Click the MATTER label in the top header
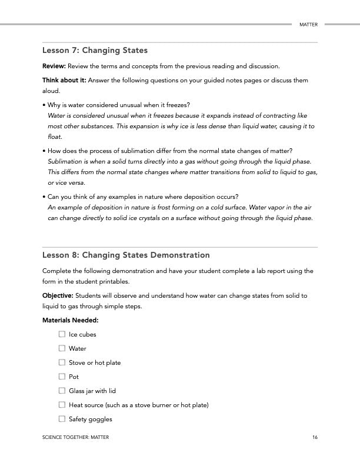[308, 25]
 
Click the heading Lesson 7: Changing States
[95, 51]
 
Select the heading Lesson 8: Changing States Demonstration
[126, 255]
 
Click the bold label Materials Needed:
[70, 320]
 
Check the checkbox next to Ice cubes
[62, 334]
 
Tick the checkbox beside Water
[62, 348]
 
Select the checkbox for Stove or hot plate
[62, 362]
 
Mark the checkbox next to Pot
[62, 377]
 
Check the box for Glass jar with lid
[62, 391]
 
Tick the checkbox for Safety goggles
[62, 419]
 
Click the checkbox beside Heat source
[62, 405]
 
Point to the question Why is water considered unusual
[118, 105]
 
